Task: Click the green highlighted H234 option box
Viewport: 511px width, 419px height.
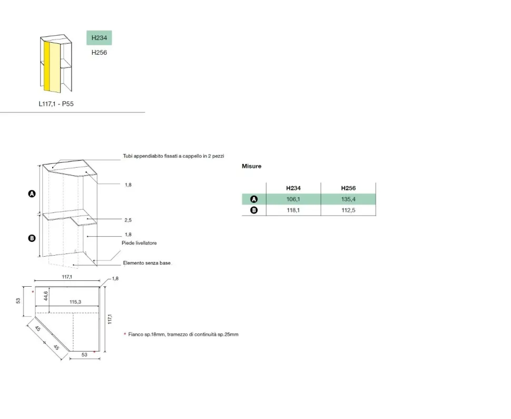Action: tap(99, 38)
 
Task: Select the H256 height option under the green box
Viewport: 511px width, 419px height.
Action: tap(99, 53)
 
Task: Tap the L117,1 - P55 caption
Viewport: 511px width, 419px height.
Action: tap(56, 104)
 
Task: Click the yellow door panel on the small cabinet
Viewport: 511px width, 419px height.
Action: tap(52, 66)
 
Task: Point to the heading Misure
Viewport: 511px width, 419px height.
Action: tap(252, 167)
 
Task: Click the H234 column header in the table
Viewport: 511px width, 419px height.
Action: tap(293, 188)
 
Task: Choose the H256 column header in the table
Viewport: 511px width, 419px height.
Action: tap(348, 188)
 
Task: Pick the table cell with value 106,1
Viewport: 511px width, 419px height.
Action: tap(293, 199)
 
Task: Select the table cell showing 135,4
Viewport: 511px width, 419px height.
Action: tap(348, 199)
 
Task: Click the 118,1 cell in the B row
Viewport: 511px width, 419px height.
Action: tap(293, 210)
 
